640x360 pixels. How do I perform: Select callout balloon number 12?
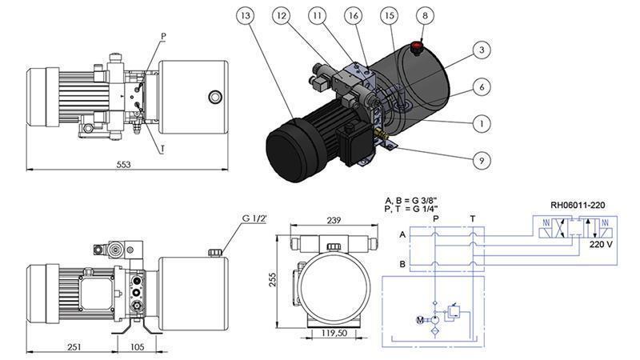pos(280,16)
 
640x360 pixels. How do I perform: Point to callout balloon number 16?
pos(353,16)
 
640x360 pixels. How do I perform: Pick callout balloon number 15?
pos(390,16)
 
